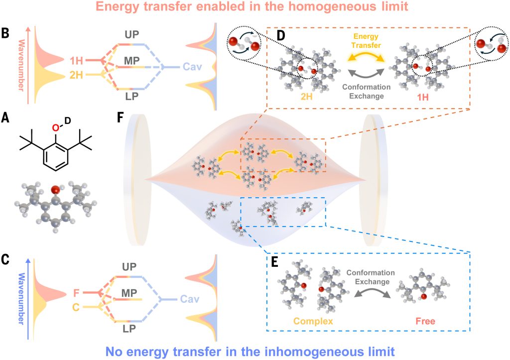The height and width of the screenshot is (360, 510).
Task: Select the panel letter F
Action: click(119, 119)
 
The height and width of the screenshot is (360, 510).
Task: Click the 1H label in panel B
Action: click(76, 61)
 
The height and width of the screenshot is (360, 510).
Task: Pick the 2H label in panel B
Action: click(76, 76)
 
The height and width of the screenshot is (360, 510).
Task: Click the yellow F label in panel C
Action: click(76, 293)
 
